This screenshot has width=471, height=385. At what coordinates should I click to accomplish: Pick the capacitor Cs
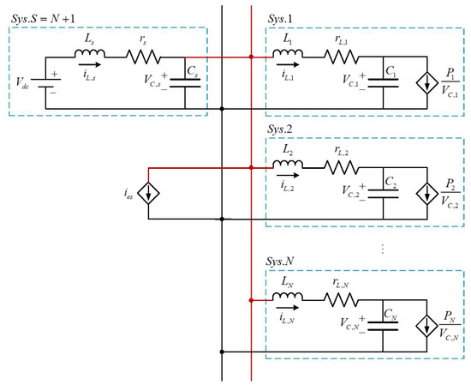[186, 83]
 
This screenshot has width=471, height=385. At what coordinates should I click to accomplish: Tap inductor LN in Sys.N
[288, 301]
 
